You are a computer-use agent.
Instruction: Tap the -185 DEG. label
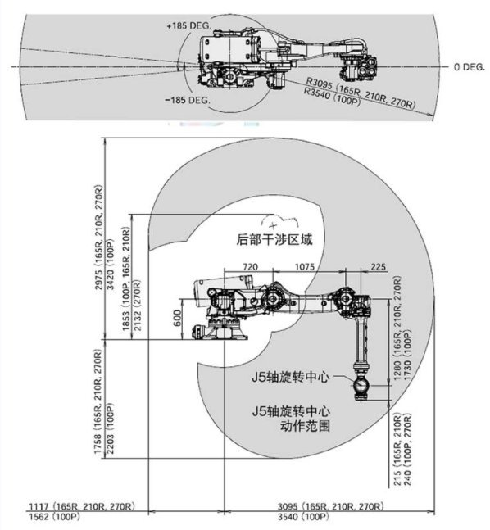point(188,99)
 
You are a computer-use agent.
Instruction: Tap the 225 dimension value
point(377,267)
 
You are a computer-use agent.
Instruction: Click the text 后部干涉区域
point(274,240)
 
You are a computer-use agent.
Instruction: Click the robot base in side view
point(220,333)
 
